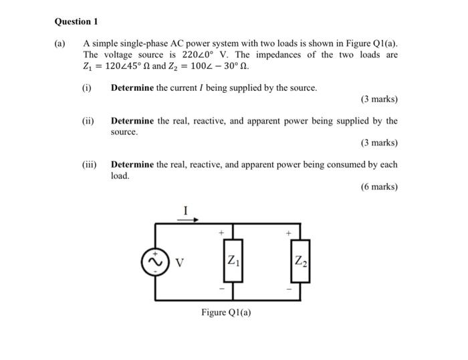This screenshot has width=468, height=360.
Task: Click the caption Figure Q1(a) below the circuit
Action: [227, 313]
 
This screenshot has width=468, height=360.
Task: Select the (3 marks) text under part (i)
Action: [378, 100]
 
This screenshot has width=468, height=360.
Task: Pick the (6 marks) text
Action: [378, 187]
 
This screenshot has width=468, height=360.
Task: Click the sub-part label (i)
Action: [86, 87]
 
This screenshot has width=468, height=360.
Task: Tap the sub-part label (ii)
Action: [88, 121]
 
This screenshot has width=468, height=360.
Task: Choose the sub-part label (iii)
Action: [89, 164]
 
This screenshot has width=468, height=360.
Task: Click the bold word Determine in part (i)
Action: [132, 87]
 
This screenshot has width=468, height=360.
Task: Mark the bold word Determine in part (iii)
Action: [132, 164]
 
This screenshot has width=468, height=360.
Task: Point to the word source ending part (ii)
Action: [124, 132]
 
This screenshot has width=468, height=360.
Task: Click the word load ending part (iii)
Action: [120, 176]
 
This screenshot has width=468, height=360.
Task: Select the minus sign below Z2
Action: [289, 289]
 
